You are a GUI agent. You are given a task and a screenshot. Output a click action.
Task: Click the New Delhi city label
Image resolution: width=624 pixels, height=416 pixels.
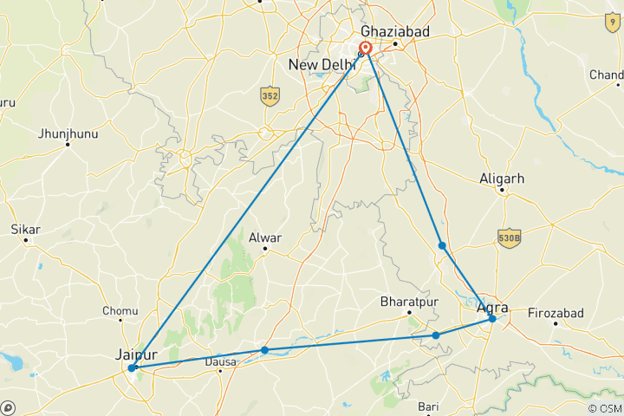click(x=321, y=65)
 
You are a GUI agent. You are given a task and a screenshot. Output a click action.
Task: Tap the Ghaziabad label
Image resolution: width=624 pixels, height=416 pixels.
click(x=395, y=30)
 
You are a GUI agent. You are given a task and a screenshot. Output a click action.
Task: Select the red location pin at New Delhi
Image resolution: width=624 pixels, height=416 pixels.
click(x=366, y=49)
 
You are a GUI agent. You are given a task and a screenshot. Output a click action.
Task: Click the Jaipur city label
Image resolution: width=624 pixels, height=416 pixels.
click(x=137, y=354)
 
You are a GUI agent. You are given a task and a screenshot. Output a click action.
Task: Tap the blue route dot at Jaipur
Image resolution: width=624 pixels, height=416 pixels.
click(x=132, y=368)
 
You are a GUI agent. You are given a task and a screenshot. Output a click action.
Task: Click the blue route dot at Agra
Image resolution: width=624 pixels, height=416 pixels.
click(x=492, y=319)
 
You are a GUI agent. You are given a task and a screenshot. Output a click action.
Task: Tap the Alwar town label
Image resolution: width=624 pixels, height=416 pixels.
click(x=266, y=236)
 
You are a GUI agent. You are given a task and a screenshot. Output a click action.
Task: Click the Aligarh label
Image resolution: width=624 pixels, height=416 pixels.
click(x=503, y=179)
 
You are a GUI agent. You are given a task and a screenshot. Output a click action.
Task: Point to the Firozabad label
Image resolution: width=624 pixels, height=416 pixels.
click(x=556, y=312)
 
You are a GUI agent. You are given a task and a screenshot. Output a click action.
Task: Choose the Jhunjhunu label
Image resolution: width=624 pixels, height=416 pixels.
click(x=68, y=133)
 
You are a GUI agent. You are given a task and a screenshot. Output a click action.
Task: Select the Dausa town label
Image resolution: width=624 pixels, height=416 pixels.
click(x=220, y=363)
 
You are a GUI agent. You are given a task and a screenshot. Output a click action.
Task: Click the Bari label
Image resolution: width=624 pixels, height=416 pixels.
click(x=428, y=406)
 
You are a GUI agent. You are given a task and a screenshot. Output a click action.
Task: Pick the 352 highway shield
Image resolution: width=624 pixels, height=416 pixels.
click(x=270, y=96)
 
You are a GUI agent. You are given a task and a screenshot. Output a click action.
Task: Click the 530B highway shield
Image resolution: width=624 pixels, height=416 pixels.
click(x=510, y=237)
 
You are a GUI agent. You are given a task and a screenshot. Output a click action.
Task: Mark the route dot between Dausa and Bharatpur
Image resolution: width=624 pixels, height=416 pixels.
click(x=264, y=350)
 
